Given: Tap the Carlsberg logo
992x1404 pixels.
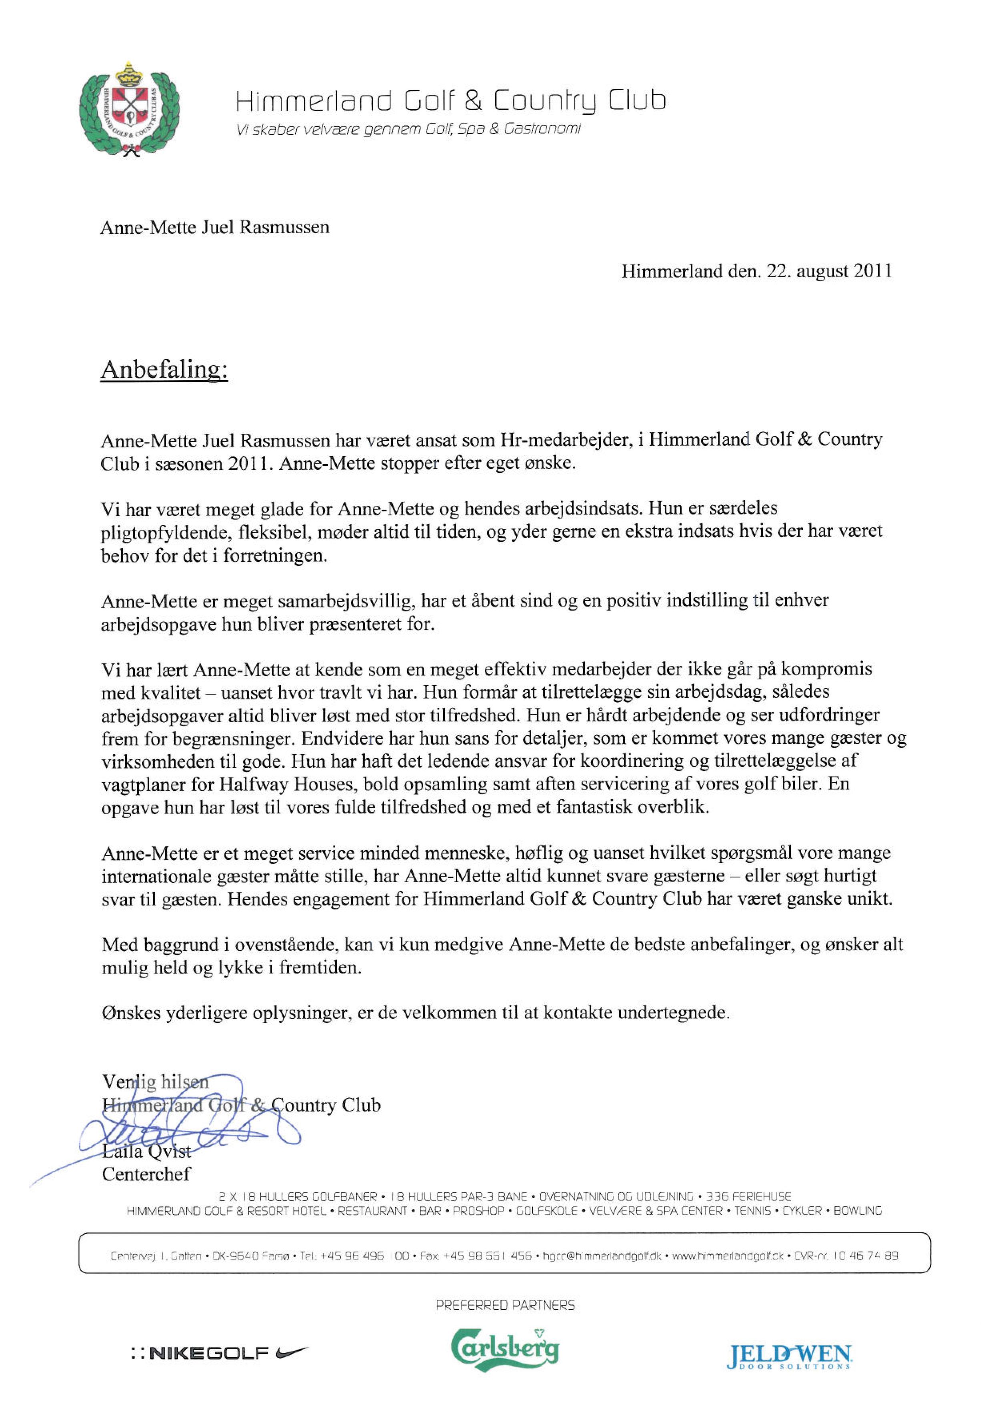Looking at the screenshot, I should pos(505,1350).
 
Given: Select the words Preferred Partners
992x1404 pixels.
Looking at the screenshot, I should pos(505,1306).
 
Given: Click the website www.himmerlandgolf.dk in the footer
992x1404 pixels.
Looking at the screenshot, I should pos(727,1256).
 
